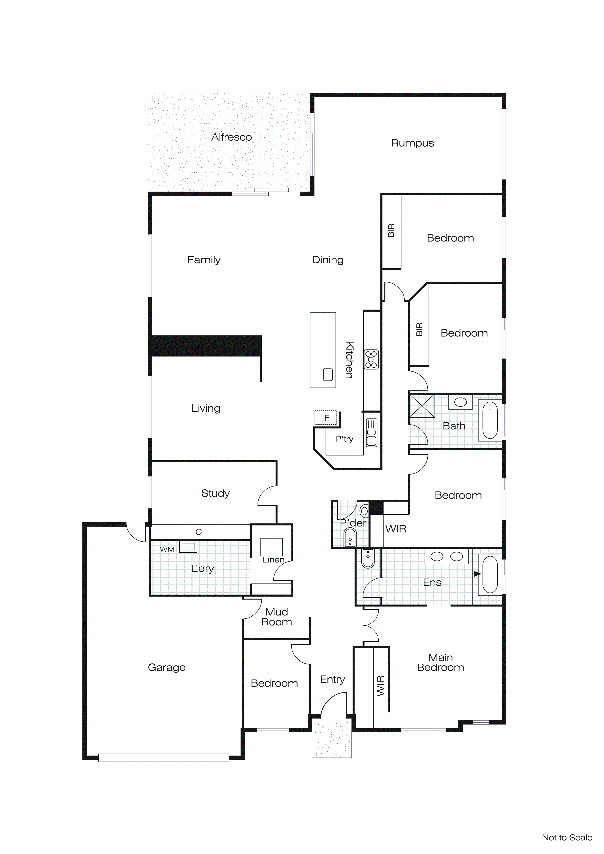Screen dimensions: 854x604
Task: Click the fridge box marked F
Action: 326,418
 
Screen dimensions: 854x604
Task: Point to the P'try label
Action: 345,439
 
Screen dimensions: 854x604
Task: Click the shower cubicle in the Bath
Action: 422,406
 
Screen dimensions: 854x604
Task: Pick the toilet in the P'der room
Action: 350,538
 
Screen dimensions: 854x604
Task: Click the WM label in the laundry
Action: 167,549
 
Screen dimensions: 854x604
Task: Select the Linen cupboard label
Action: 273,560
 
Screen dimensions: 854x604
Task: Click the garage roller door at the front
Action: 164,758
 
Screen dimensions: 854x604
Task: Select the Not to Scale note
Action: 566,838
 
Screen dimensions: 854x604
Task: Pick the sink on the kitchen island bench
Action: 328,375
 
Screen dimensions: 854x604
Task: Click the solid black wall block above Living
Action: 206,346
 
